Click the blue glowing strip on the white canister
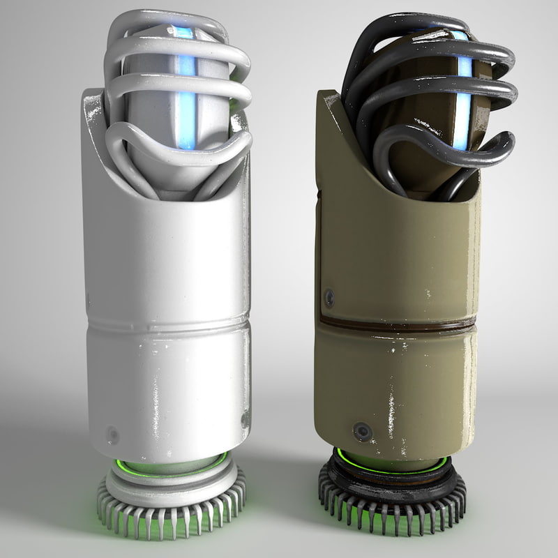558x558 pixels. [x=186, y=105]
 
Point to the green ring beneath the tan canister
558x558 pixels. [x=391, y=464]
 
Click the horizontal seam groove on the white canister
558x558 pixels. [x=167, y=325]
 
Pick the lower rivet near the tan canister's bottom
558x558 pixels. [x=361, y=431]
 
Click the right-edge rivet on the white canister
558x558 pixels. [x=245, y=419]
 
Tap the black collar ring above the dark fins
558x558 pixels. [x=391, y=481]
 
